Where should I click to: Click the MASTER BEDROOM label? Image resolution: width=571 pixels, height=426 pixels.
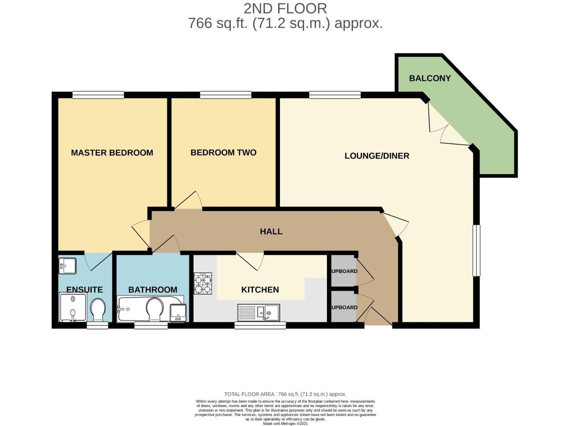[x=112, y=153]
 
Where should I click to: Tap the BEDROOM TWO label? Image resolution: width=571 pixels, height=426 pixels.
[x=223, y=153]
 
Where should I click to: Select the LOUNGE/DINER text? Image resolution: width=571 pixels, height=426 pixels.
[x=377, y=156]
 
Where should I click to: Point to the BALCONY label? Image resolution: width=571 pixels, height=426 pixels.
[x=429, y=78]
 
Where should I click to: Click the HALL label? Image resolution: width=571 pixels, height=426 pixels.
[x=271, y=232]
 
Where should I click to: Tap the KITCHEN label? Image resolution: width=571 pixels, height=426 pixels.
[x=260, y=290]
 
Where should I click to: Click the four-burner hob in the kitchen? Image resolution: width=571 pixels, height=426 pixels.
[x=203, y=284]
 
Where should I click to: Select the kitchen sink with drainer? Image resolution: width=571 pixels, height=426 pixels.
[x=259, y=312]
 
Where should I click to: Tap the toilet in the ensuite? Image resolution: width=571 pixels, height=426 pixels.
[x=97, y=310]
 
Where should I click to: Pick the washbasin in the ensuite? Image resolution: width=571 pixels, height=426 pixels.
[x=67, y=265]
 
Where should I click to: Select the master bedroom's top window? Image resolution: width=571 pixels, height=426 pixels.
[x=98, y=95]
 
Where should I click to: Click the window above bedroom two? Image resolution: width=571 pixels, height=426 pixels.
[x=226, y=95]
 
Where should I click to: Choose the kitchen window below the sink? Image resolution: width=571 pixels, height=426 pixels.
[x=260, y=325]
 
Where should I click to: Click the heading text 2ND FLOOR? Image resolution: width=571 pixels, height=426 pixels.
[x=285, y=8]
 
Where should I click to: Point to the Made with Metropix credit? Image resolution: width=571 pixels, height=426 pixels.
[x=285, y=424]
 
